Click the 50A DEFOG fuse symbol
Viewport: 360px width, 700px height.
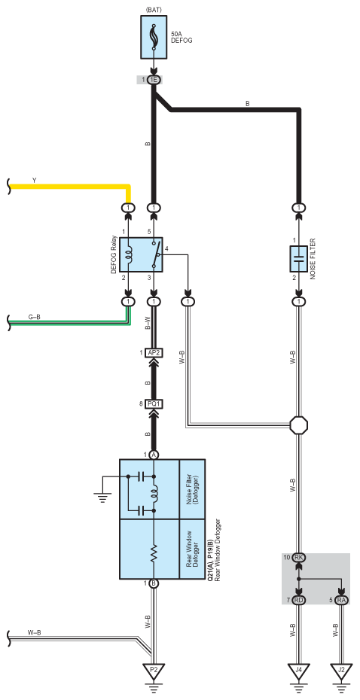coord(154,37)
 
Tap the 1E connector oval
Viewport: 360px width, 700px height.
coord(154,80)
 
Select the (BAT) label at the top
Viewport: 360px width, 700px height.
coord(154,9)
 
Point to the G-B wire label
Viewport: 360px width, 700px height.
coord(34,317)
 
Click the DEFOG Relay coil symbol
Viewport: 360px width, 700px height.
coord(129,255)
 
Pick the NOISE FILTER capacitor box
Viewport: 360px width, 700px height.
coord(298,258)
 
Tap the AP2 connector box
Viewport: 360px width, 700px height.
coord(153,353)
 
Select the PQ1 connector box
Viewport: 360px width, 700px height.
coord(153,404)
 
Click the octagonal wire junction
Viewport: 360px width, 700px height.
coord(298,425)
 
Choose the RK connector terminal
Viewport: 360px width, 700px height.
coord(298,557)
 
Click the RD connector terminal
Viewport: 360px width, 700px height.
coord(298,600)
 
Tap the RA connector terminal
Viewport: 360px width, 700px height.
coord(342,600)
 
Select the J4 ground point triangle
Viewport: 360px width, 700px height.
coord(298,670)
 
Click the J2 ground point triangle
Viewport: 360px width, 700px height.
coord(342,670)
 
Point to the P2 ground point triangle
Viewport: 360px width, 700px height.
coord(153,670)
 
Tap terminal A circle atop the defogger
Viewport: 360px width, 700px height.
coord(154,455)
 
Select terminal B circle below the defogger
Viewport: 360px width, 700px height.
coord(154,583)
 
